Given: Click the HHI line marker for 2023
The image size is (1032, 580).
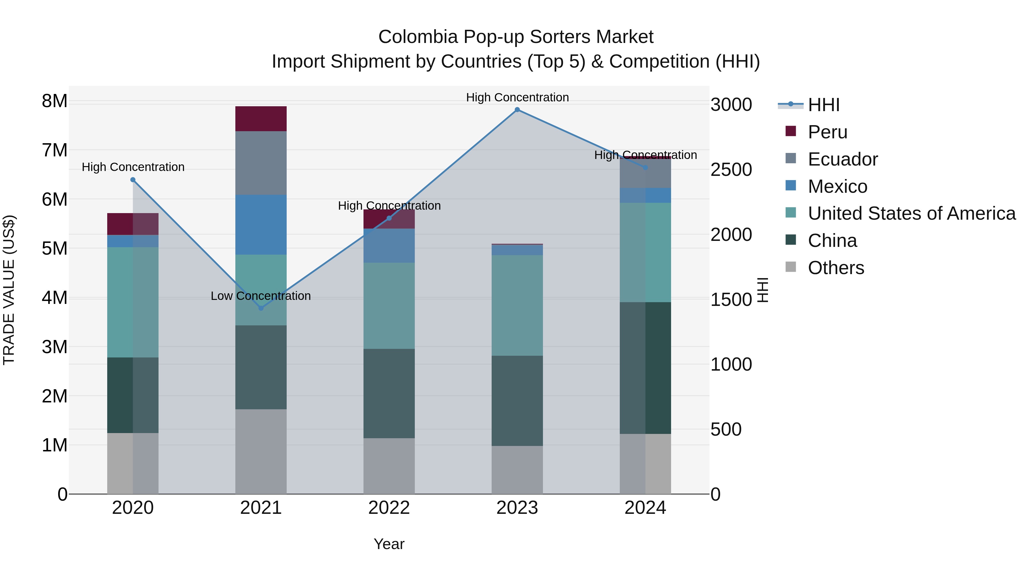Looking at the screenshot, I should tap(517, 110).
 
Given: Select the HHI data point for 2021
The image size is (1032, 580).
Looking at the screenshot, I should tap(261, 308).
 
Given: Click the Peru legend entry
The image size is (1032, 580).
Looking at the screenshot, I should tap(827, 132).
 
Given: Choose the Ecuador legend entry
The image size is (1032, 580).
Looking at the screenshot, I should tap(843, 159).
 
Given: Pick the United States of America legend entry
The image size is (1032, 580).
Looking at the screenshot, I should tap(911, 213).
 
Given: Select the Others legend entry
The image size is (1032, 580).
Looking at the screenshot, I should tap(836, 268).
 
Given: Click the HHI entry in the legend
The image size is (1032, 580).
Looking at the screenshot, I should tap(823, 105).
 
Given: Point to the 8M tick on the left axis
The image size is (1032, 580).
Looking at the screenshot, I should tap(54, 101).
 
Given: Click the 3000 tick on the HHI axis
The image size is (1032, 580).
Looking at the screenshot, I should tap(731, 105).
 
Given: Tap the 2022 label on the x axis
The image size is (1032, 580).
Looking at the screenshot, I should tap(389, 508).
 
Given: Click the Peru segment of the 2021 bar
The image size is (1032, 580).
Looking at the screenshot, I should tap(261, 119).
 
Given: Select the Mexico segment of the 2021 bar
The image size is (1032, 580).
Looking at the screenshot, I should tap(261, 225).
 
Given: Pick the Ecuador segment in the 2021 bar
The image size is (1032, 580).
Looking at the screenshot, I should tap(261, 163).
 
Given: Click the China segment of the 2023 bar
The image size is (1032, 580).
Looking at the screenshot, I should tap(517, 400).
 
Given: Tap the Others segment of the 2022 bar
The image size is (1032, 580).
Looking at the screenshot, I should tap(389, 466).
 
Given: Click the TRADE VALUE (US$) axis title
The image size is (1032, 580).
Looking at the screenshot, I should tap(9, 290).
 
